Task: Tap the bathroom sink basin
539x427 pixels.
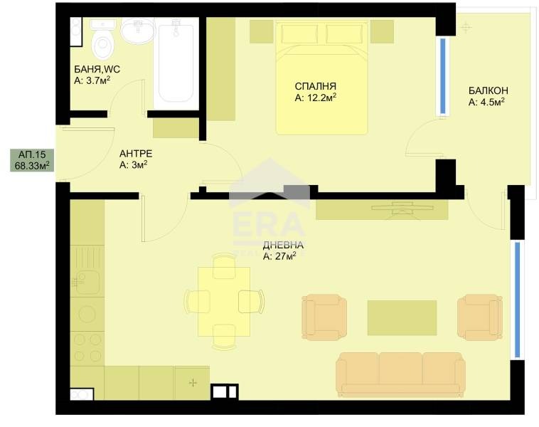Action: pos(136,31)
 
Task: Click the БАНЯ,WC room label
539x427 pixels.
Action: pos(97,69)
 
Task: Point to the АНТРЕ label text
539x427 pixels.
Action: pos(135,153)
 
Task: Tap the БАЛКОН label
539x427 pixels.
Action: pos(487,90)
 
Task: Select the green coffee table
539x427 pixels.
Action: pos(402,317)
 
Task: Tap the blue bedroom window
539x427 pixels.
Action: pos(443,76)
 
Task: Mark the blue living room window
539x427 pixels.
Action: pos(517,300)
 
